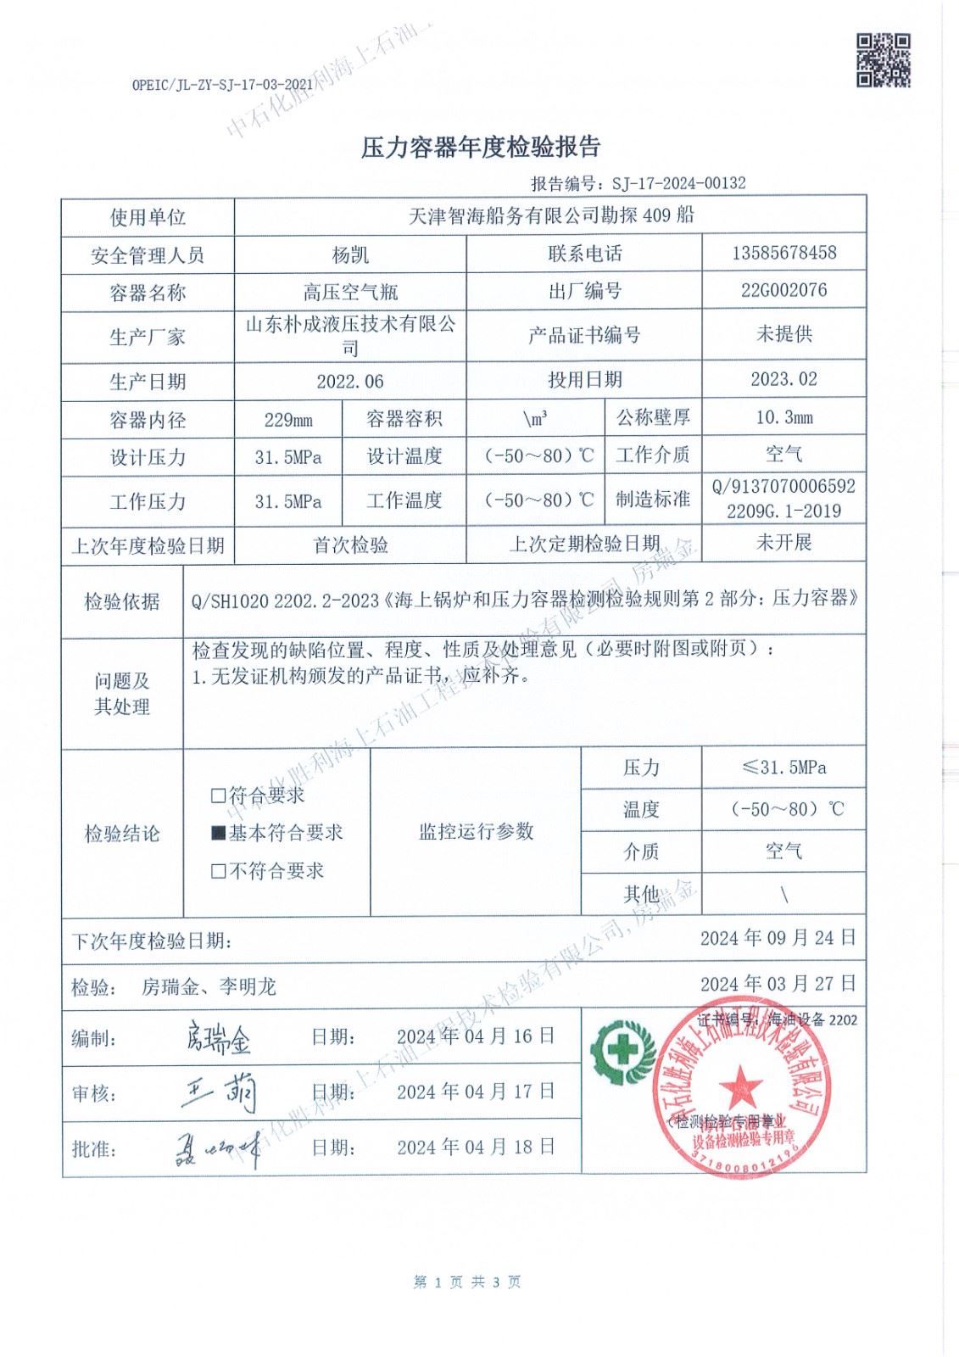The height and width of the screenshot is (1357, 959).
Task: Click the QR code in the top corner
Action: pyautogui.click(x=883, y=59)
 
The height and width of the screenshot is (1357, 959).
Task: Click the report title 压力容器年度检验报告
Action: pyautogui.click(x=480, y=147)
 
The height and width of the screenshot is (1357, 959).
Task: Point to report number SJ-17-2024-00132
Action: pyautogui.click(x=674, y=183)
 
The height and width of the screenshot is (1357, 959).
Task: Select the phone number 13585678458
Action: pyautogui.click(x=783, y=253)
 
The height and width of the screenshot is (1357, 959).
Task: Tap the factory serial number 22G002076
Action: pyautogui.click(x=783, y=290)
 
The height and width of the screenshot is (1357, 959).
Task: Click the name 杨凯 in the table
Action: pyautogui.click(x=349, y=254)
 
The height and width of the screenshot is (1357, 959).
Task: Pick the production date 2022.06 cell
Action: pyautogui.click(x=349, y=382)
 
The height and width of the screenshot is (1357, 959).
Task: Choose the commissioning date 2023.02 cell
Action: pyautogui.click(x=783, y=379)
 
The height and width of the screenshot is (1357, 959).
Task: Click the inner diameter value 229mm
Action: pyautogui.click(x=288, y=420)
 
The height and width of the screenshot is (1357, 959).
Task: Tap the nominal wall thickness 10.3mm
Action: pyautogui.click(x=783, y=417)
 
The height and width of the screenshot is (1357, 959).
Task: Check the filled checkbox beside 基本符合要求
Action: pyautogui.click(x=218, y=834)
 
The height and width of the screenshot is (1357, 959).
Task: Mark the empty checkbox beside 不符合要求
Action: pyautogui.click(x=218, y=871)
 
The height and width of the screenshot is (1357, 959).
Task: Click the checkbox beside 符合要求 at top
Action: pyautogui.click(x=218, y=796)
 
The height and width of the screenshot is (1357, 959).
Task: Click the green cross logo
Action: pyautogui.click(x=623, y=1051)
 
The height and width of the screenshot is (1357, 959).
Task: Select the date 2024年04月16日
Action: pyautogui.click(x=476, y=1036)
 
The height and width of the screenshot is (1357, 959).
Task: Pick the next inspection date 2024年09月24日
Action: pyautogui.click(x=778, y=938)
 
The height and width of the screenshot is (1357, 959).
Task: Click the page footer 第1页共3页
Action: pyautogui.click(x=467, y=1282)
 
